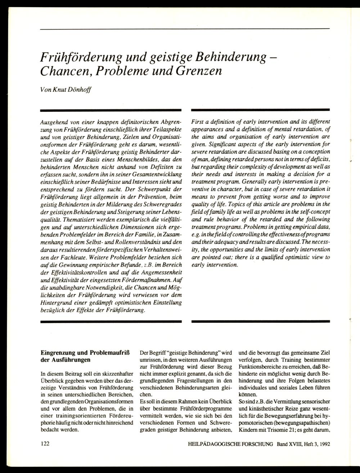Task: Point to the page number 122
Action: [45, 443]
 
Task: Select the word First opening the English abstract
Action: [197, 122]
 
